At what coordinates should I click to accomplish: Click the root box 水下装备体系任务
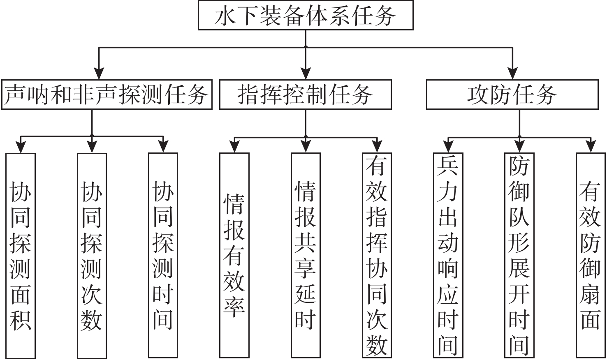tap(306, 15)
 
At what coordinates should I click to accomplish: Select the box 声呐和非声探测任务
tap(107, 95)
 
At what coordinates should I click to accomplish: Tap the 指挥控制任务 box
tap(305, 95)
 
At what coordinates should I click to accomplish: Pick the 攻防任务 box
tap(512, 95)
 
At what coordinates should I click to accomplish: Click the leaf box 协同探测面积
tap(21, 255)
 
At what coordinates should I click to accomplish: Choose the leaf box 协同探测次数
tap(92, 255)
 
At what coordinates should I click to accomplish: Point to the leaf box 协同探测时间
tap(163, 255)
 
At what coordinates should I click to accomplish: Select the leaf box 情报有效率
tap(234, 255)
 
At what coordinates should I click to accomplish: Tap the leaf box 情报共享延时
tap(306, 255)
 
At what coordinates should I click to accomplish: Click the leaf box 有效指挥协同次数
tap(377, 255)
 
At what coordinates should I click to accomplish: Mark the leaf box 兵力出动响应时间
tap(448, 255)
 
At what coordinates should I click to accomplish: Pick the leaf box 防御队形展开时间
tap(519, 255)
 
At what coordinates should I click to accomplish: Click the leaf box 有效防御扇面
tap(590, 255)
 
